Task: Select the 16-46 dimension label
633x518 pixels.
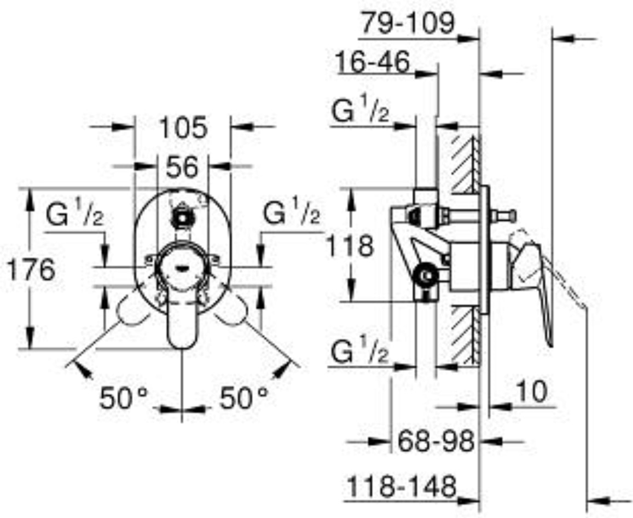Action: pyautogui.click(x=373, y=62)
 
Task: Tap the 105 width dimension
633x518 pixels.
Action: pyautogui.click(x=183, y=127)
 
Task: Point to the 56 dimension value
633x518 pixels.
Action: pyautogui.click(x=183, y=166)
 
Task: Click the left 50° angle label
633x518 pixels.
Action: pyautogui.click(x=124, y=398)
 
